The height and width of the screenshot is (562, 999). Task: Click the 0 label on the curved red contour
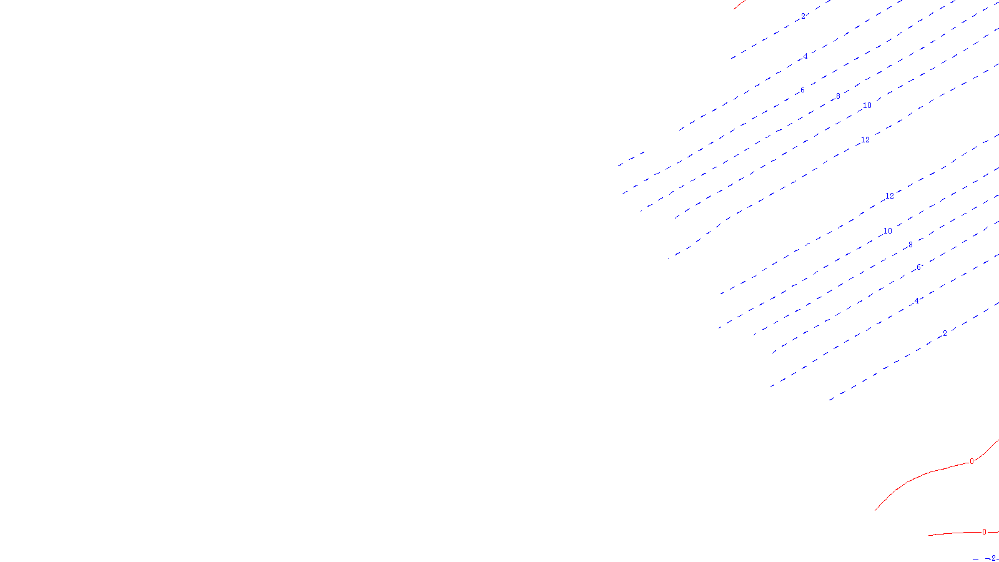[x=972, y=461]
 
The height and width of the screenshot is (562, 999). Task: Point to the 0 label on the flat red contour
[x=985, y=532]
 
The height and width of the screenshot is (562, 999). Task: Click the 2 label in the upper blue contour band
[x=803, y=16]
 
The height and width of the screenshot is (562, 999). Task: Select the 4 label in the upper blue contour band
[x=805, y=56]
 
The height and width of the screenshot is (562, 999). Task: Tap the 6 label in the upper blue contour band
[x=802, y=91]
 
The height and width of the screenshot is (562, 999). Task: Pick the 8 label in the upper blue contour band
[x=838, y=96]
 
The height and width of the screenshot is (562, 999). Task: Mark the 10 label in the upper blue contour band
[x=867, y=106]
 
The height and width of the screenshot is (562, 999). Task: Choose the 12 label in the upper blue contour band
[x=865, y=140]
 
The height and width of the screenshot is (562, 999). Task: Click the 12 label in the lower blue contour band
[x=890, y=196]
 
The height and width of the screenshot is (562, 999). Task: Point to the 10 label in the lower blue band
[x=887, y=231]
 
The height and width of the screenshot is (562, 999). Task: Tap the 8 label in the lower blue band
[x=910, y=245]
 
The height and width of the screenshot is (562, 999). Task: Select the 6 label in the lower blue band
[x=918, y=267]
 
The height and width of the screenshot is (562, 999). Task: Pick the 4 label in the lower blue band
[x=917, y=301]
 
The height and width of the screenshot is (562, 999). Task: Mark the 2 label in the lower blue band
[x=945, y=333]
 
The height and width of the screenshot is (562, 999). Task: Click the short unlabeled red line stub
[x=739, y=4]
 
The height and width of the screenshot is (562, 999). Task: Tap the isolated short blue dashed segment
[x=631, y=159]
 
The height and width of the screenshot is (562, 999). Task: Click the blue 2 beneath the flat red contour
[x=993, y=558]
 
